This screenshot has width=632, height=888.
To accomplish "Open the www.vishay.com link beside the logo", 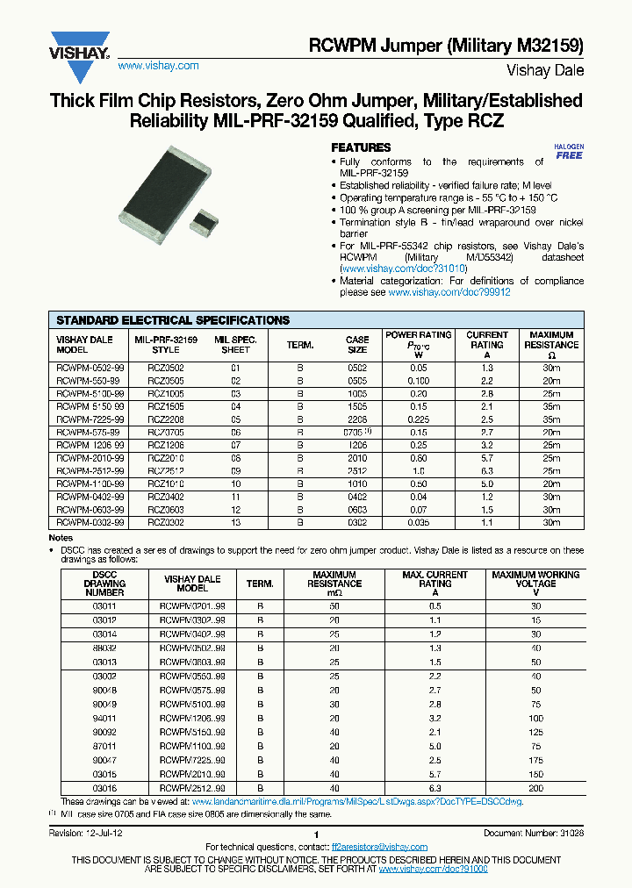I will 158,66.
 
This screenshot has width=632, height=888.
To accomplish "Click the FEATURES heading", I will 360,147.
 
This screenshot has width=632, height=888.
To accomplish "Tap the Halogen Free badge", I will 569,151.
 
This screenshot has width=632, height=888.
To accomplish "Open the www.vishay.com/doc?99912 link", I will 449,292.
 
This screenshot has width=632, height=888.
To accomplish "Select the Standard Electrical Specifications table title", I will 173,320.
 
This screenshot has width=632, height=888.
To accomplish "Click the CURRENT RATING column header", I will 487,340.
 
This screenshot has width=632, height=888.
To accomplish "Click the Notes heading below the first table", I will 61,538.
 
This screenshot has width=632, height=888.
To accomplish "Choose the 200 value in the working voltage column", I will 535,789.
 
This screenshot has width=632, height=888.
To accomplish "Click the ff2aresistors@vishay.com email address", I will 379,848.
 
